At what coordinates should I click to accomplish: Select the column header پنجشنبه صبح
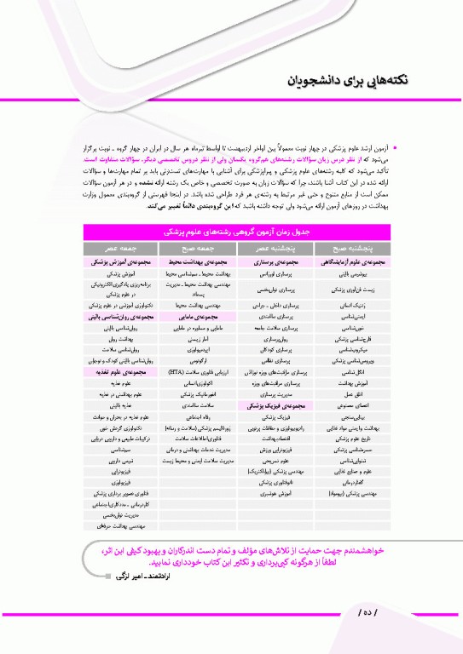point(345,247)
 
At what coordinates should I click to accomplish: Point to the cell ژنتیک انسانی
point(345,302)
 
